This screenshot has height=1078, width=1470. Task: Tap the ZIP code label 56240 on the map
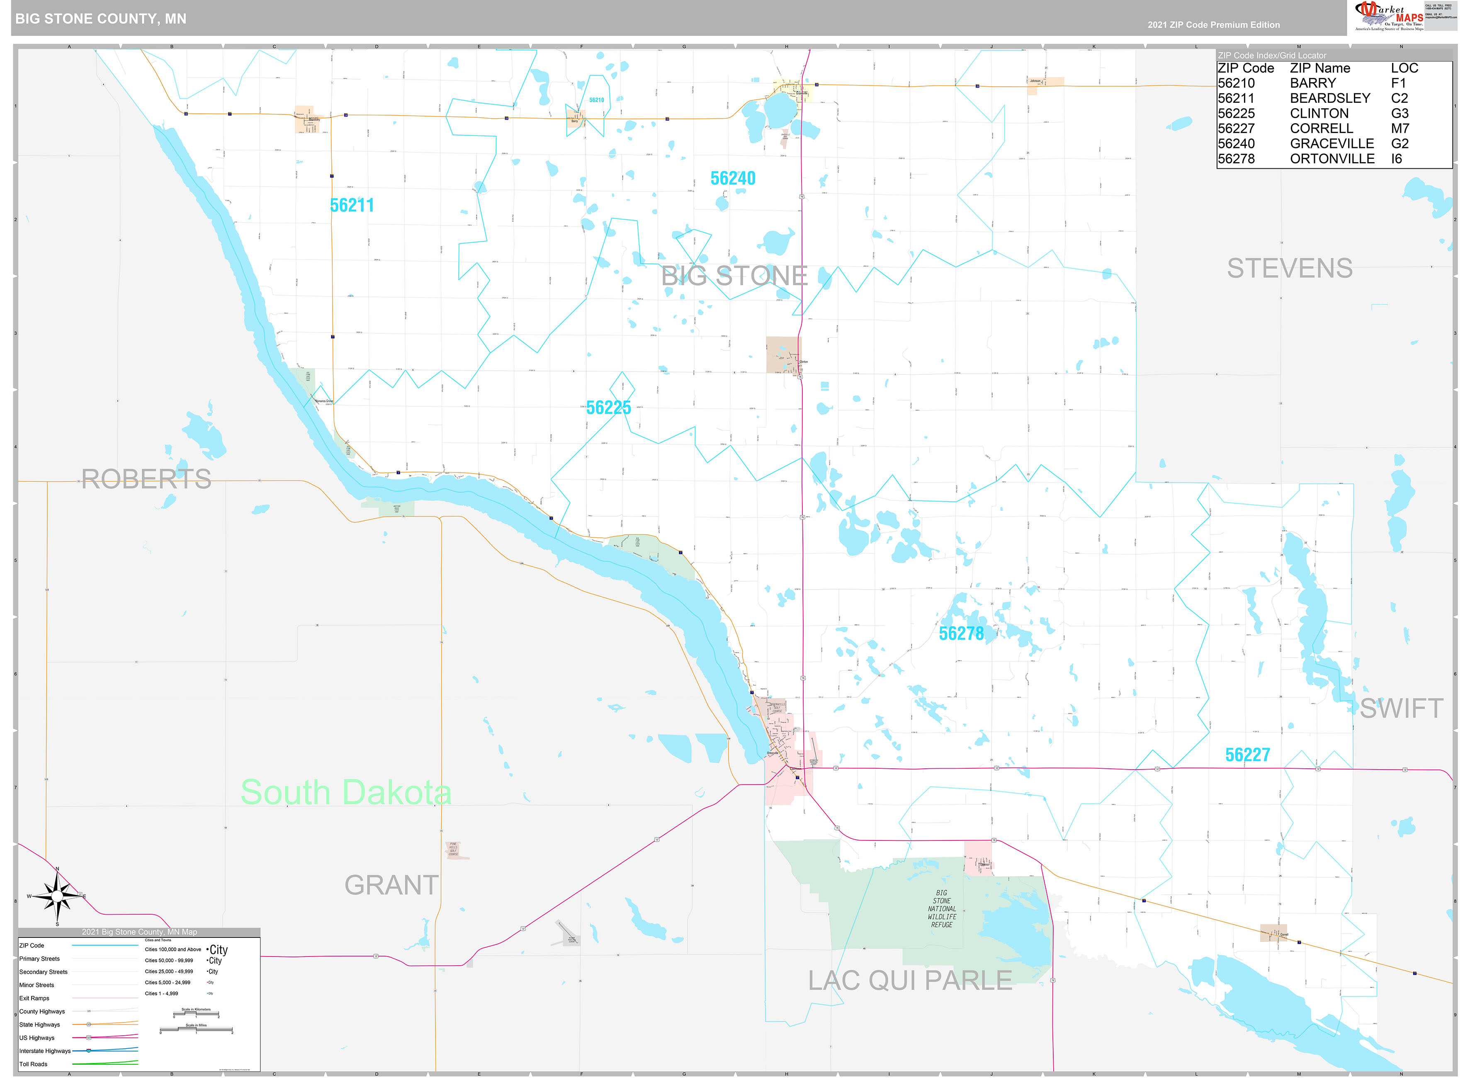pos(733,178)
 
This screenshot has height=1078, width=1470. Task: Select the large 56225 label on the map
pos(608,408)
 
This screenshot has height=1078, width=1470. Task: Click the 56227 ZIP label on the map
pos(1247,755)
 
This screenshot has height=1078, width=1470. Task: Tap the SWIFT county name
pos(1401,709)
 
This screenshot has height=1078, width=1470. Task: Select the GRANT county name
pos(391,886)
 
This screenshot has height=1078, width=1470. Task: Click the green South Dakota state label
pos(346,793)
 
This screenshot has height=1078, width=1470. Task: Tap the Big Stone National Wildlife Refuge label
pos(941,908)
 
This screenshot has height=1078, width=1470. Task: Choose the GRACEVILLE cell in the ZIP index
pos(1331,143)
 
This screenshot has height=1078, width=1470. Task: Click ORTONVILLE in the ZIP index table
pos(1332,158)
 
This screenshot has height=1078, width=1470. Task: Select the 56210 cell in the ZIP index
pos(1236,83)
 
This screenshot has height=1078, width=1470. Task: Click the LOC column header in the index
pos(1404,68)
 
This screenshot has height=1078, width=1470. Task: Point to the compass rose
pos(57,896)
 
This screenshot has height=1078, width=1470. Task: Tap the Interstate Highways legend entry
pos(44,1051)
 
